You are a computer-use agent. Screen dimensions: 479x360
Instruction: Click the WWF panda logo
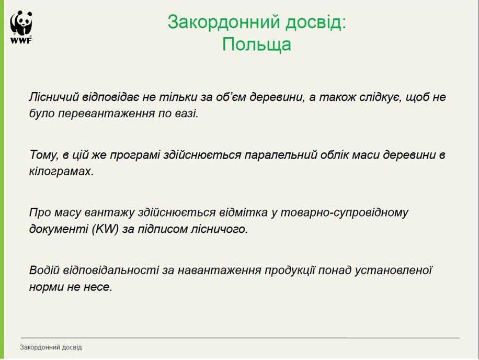[21, 27]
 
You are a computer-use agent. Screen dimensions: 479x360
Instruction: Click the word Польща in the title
[257, 44]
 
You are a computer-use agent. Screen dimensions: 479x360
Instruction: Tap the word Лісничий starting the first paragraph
[54, 97]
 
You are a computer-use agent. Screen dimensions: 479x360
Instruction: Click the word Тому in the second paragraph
[44, 155]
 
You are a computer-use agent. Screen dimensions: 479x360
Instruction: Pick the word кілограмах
[61, 172]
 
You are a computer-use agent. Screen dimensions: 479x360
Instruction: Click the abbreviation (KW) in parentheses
[105, 229]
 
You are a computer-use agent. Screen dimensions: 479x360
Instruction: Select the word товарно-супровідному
[344, 212]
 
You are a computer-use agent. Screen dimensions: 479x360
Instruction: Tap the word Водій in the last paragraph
[44, 270]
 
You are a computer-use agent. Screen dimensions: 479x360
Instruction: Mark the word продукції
[289, 271]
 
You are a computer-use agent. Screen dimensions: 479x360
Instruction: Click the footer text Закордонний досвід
[51, 347]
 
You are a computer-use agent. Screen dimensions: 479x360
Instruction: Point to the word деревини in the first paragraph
[277, 97]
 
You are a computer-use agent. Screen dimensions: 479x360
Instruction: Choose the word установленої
[393, 271]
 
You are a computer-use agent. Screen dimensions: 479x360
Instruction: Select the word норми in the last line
[47, 287]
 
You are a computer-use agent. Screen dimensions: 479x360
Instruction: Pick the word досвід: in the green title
[316, 22]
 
